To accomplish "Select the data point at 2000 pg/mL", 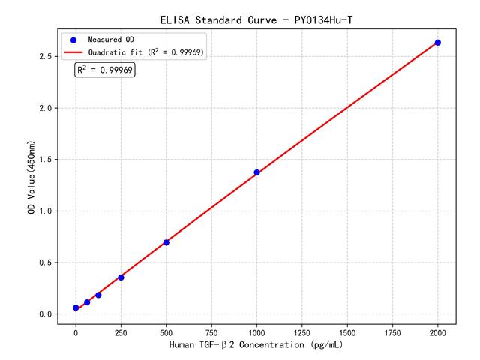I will click(438, 43).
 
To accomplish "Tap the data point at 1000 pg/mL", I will click(256, 172).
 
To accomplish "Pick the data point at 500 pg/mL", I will click(166, 242).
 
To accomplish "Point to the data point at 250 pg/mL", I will click(121, 277).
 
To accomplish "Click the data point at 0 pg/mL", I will click(76, 308).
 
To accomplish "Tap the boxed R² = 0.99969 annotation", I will click(105, 70).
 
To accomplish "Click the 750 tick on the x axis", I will click(211, 331).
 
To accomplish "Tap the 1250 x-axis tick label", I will click(302, 331).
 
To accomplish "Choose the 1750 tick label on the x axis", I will click(393, 331).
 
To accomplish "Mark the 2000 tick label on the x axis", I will click(438, 331).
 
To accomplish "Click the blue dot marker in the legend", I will click(73, 39).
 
